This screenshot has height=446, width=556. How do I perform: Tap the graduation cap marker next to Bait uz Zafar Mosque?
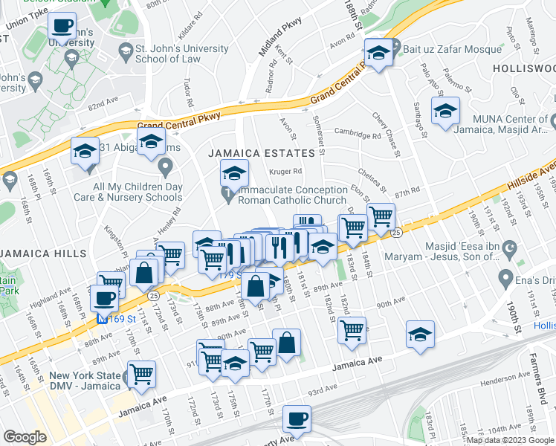pos(378,53)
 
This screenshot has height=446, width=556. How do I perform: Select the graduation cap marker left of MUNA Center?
pos(446,112)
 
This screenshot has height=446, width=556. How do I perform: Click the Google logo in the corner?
pos(25,437)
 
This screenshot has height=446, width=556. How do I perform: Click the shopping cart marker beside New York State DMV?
pos(141,374)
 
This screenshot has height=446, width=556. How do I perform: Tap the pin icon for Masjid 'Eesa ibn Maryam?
pos(509,247)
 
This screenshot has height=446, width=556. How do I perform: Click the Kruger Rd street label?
pos(283,172)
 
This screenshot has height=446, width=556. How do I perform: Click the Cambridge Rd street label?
pos(357,135)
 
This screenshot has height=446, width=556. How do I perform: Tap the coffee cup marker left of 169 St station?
pos(104,298)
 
